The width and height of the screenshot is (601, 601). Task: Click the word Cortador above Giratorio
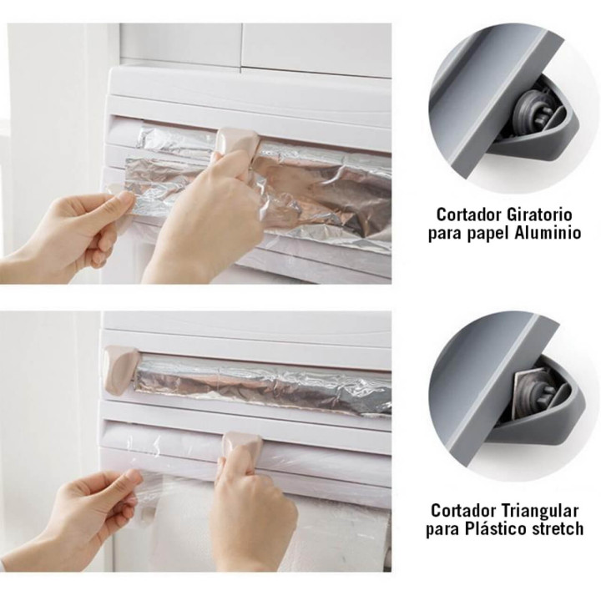[x=468, y=214]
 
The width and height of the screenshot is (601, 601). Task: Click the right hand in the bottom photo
[x=250, y=518]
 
